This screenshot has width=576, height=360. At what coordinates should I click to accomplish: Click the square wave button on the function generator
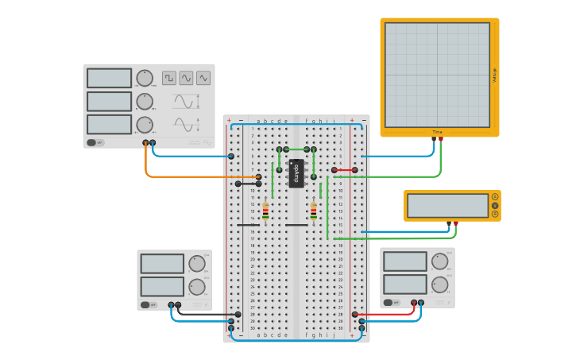169,78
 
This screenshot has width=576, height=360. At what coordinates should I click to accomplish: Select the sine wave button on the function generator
186,78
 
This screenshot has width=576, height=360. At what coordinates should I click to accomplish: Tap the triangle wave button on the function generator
203,78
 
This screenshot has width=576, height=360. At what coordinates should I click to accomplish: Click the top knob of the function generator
145,78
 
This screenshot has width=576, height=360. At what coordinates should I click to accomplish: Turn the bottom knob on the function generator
145,125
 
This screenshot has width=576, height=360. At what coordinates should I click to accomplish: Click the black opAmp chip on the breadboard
296,173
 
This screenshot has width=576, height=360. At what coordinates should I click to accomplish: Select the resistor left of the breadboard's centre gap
265,211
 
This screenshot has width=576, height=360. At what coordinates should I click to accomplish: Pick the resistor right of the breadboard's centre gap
314,211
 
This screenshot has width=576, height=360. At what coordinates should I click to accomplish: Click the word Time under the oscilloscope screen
437,132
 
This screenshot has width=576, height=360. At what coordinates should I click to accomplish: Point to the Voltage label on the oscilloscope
494,75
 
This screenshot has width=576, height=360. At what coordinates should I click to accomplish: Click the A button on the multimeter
495,196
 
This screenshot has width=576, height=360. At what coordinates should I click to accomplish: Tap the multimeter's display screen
447,206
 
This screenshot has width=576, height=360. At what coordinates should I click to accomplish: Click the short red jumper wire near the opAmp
345,170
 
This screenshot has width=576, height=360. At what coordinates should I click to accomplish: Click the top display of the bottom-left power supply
163,264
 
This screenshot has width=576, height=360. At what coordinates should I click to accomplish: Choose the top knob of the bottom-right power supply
439,261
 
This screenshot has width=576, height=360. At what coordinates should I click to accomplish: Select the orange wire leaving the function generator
147,167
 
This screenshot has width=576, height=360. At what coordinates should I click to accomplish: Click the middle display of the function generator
109,102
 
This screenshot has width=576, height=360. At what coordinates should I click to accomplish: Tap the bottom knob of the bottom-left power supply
197,286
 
